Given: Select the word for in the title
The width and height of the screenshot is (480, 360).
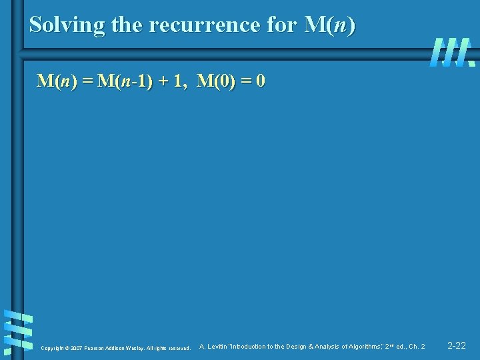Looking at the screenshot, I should (x=282, y=25).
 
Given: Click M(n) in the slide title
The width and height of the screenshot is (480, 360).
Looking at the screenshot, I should (x=329, y=25).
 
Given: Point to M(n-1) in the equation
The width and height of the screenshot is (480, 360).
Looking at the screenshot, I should (x=125, y=82).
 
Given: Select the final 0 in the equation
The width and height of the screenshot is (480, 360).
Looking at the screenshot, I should (x=261, y=82).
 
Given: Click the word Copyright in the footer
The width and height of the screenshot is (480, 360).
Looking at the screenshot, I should (x=52, y=348).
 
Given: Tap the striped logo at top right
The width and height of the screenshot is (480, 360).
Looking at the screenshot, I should (x=452, y=52).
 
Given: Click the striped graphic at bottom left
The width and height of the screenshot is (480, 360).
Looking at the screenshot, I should (x=18, y=331).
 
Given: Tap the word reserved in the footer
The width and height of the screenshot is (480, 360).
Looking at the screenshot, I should (x=179, y=348).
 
